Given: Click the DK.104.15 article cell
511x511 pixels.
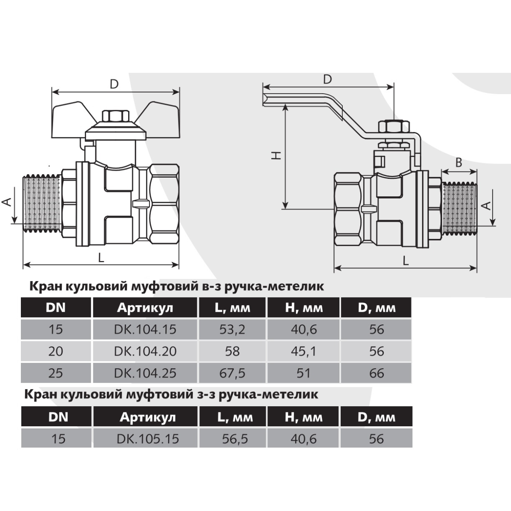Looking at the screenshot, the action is (x=145, y=329).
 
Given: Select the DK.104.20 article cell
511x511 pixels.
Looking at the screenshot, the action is (x=145, y=351).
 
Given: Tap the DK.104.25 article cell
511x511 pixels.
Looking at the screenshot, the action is (x=145, y=373).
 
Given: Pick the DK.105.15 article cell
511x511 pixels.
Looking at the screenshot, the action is (x=148, y=439).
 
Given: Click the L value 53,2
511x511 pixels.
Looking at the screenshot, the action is (x=232, y=329).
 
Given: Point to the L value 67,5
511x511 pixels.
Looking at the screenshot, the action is (x=232, y=373).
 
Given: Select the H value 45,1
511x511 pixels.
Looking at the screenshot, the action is (x=303, y=351).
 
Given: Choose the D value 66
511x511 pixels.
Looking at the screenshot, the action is (x=376, y=373).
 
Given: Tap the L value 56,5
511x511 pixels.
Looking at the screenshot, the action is (x=235, y=439).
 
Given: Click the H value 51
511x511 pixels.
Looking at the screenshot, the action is (x=303, y=373).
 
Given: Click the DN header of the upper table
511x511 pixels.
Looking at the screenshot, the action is (x=56, y=307).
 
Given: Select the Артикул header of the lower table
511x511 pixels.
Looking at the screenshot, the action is (x=148, y=417).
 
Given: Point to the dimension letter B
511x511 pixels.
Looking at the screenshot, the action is (x=459, y=163).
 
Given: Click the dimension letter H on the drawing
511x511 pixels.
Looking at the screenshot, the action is (x=276, y=155).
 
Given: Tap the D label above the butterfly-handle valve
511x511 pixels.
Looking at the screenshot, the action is (x=114, y=84).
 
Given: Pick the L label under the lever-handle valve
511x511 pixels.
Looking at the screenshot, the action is (x=406, y=261).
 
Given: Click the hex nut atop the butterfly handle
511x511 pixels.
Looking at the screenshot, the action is (x=116, y=116).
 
